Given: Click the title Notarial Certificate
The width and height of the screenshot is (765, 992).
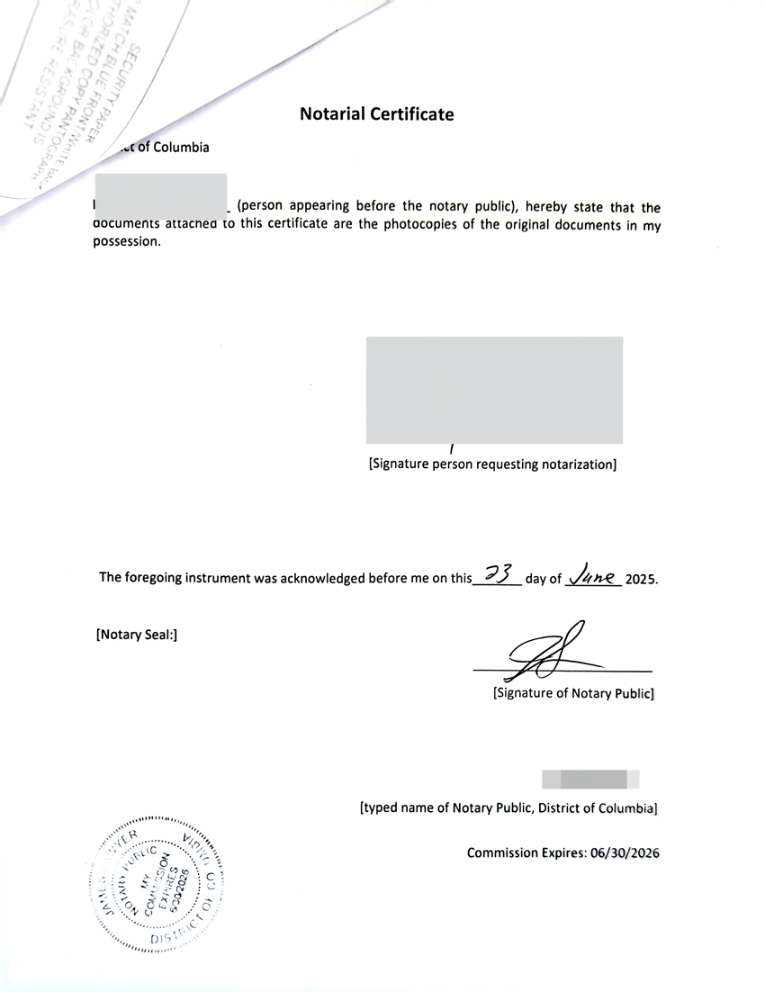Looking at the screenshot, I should [376, 114].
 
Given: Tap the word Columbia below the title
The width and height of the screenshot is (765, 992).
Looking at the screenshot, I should [181, 148].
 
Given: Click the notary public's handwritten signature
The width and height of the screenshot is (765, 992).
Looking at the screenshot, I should [543, 652].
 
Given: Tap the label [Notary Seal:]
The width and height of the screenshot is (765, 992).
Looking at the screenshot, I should [136, 635].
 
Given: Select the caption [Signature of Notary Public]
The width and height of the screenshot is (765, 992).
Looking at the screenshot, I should [572, 694].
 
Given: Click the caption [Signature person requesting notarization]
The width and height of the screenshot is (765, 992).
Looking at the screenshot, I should [492, 464].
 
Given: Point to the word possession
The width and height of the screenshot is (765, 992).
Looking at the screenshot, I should [127, 241].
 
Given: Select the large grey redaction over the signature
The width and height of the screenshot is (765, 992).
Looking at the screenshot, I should [494, 390].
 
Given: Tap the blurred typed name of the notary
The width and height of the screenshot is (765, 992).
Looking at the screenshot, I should [589, 780].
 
